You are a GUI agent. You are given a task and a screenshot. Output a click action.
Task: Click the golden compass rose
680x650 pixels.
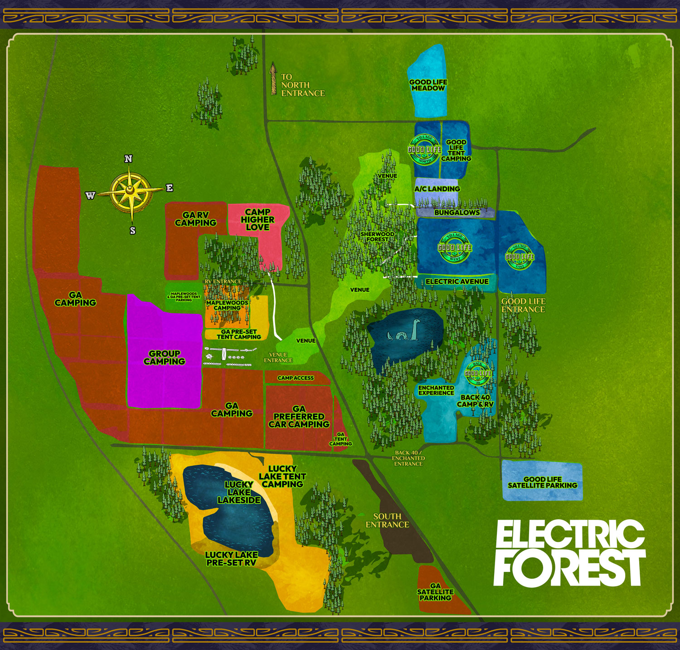coord(131,193)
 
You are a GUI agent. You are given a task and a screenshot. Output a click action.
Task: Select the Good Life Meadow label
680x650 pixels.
coord(428,85)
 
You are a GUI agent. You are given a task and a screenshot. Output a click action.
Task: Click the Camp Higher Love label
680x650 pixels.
coord(257,219)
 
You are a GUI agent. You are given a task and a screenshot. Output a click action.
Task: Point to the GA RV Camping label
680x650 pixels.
coord(196,219)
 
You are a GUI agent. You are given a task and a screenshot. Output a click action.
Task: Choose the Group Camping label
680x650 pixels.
coord(164,357)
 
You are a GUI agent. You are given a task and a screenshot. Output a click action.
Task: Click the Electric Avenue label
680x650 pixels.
coord(457,281)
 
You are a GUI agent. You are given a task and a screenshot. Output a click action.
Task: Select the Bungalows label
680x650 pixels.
coord(457,212)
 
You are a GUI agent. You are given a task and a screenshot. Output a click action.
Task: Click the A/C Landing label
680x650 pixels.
coord(437,189)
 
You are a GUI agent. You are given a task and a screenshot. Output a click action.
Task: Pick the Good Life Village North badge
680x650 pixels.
coord(424,149)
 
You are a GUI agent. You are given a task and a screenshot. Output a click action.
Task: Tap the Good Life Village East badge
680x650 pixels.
coord(520,256)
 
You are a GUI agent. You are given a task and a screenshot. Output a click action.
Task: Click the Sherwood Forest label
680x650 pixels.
coord(377,236)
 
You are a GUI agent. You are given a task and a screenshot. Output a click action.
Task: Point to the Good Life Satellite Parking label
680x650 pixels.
coord(542,482)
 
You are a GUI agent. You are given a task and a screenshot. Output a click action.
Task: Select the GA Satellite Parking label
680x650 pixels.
coord(435,592)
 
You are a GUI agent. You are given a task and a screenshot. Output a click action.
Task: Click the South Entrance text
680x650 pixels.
coord(387,520)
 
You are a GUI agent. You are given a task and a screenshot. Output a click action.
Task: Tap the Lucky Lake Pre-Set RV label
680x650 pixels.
coord(231,558)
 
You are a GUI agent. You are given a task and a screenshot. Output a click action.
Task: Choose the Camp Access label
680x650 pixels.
coord(296,378)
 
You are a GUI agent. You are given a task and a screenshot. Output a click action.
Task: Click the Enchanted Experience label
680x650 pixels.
coord(436,390)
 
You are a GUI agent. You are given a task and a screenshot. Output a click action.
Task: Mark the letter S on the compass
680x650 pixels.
coord(132,231)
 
